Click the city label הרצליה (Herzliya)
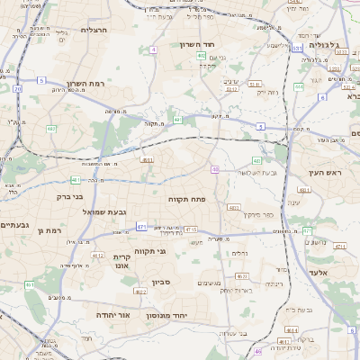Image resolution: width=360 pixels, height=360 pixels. pyautogui.click(x=94, y=30)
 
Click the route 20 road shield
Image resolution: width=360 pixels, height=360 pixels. pyautogui.click(x=18, y=88)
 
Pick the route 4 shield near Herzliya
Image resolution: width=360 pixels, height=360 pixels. pyautogui.click(x=153, y=49)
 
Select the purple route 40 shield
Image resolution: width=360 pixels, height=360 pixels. pyautogui.click(x=215, y=169)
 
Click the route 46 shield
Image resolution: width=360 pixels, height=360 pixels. pyautogui.click(x=258, y=351)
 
